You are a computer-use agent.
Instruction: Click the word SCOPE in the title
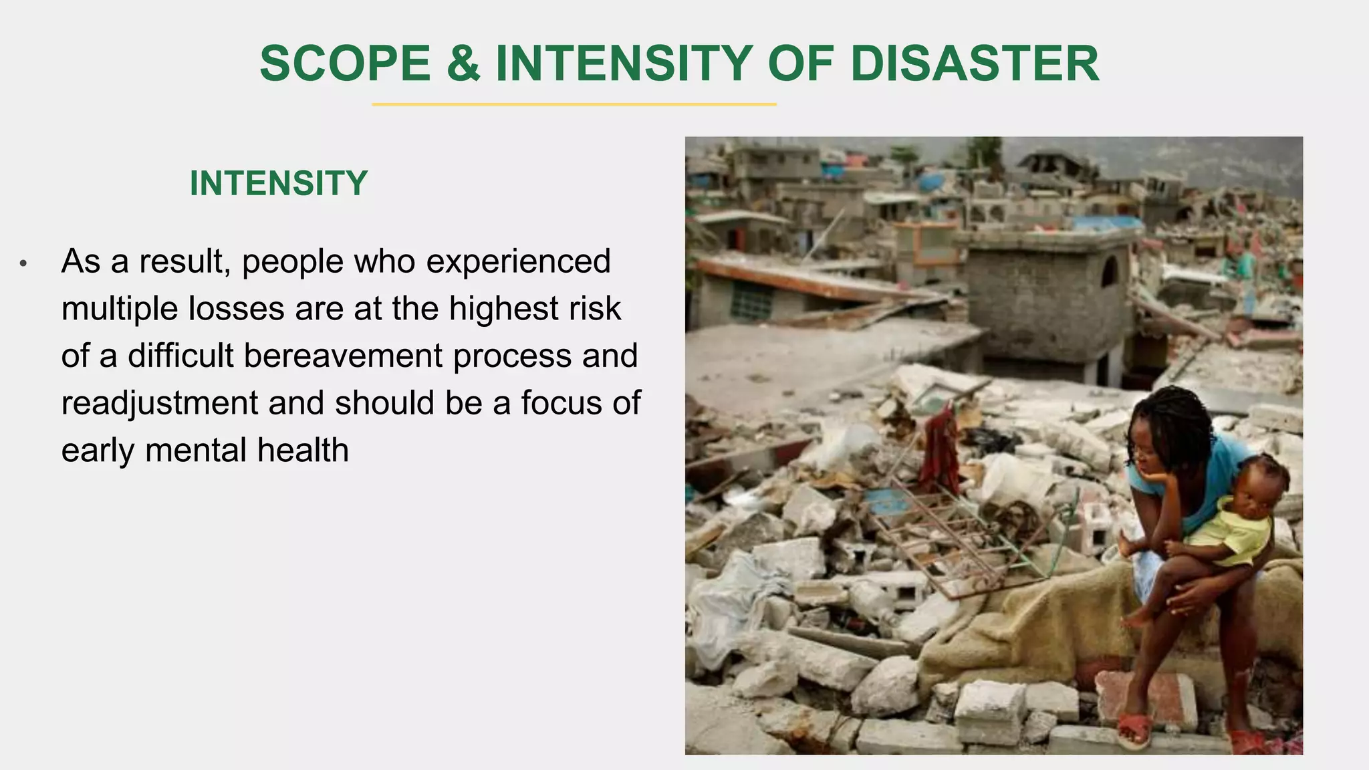(x=345, y=64)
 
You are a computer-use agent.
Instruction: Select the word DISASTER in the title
(x=975, y=64)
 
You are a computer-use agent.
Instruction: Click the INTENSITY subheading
(x=279, y=183)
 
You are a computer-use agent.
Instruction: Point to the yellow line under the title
(x=574, y=105)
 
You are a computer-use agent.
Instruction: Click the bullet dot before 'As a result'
(x=23, y=263)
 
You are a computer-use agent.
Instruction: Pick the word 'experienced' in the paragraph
(x=518, y=261)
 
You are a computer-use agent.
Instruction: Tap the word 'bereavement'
(x=342, y=356)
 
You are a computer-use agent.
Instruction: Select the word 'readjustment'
(x=160, y=403)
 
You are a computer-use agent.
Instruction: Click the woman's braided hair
(x=1176, y=418)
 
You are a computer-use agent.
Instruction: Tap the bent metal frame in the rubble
(x=956, y=535)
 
